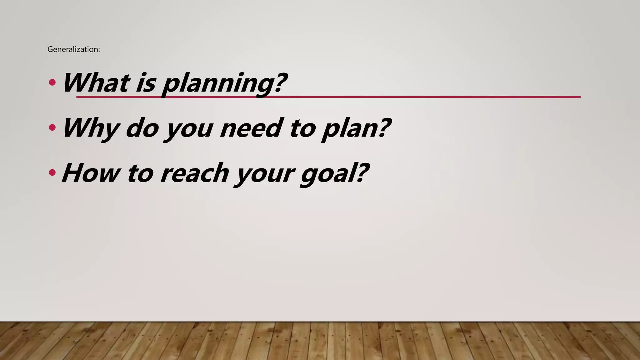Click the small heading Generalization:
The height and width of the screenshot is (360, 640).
pyautogui.click(x=74, y=49)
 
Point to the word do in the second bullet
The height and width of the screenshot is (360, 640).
pyautogui.click(x=142, y=128)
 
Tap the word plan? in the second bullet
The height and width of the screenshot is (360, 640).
pyautogui.click(x=356, y=129)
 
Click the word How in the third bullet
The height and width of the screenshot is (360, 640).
pyautogui.click(x=91, y=173)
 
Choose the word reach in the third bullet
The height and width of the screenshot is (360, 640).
pyautogui.click(x=194, y=173)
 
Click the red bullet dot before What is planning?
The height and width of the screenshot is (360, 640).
pyautogui.click(x=52, y=83)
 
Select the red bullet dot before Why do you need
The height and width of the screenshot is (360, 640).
pyautogui.click(x=52, y=127)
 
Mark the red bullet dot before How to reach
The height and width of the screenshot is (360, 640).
pyautogui.click(x=52, y=172)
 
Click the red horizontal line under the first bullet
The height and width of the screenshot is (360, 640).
pyautogui.click(x=406, y=97)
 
